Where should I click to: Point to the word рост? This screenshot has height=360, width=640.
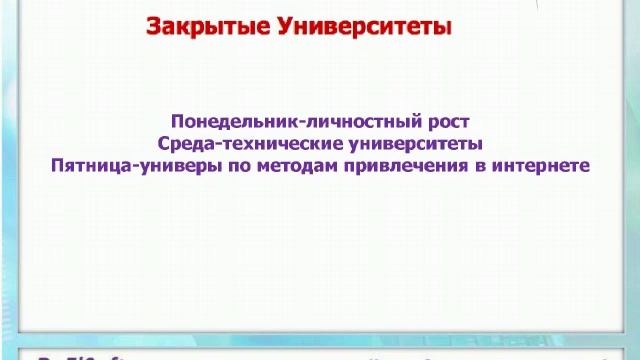[448, 122]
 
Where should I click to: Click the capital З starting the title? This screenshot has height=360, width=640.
[154, 27]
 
